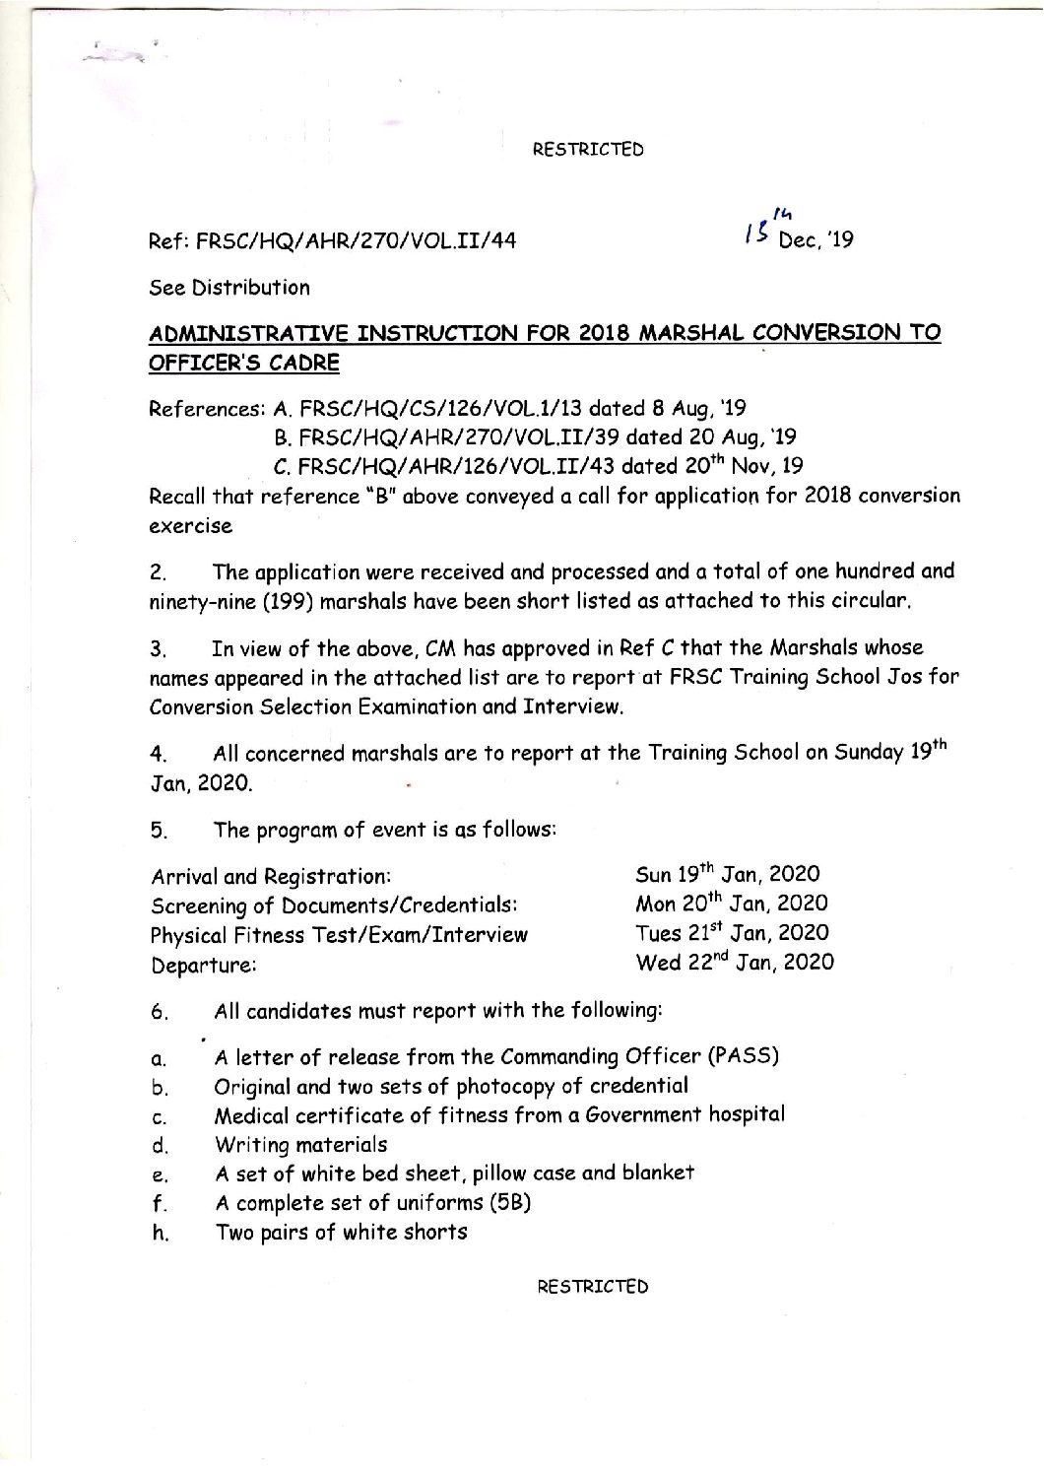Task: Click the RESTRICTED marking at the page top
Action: point(588,150)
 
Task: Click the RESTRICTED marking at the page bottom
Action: point(592,1287)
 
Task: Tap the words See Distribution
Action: point(228,288)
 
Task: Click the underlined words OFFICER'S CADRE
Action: point(243,363)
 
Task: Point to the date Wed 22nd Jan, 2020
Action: point(735,962)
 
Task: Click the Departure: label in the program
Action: point(204,966)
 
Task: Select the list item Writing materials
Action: point(300,1144)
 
